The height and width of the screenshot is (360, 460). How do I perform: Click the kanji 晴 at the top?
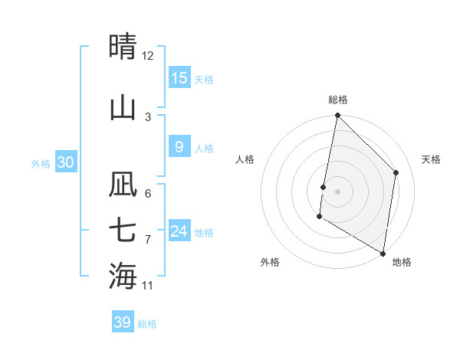click(123, 47)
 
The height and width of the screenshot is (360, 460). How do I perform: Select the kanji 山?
click(123, 107)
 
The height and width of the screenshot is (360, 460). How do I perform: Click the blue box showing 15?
click(179, 78)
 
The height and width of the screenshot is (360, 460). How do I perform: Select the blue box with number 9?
click(179, 147)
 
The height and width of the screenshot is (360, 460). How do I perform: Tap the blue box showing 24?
click(179, 231)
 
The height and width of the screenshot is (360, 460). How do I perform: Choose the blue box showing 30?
click(66, 162)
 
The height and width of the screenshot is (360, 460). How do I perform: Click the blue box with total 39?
click(123, 322)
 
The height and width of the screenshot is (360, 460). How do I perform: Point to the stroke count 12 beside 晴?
click(148, 56)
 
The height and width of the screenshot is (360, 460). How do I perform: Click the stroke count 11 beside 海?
click(148, 286)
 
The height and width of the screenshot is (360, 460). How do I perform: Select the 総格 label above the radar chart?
click(337, 100)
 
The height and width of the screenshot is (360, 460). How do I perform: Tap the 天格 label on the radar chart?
click(431, 159)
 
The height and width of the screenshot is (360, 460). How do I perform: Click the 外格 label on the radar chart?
click(270, 262)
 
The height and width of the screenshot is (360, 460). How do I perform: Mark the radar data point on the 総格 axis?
click(337, 116)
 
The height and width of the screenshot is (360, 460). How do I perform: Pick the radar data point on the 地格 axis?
click(383, 253)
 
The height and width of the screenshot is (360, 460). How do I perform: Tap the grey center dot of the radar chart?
click(337, 191)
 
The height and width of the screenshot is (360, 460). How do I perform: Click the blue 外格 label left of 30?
click(41, 163)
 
